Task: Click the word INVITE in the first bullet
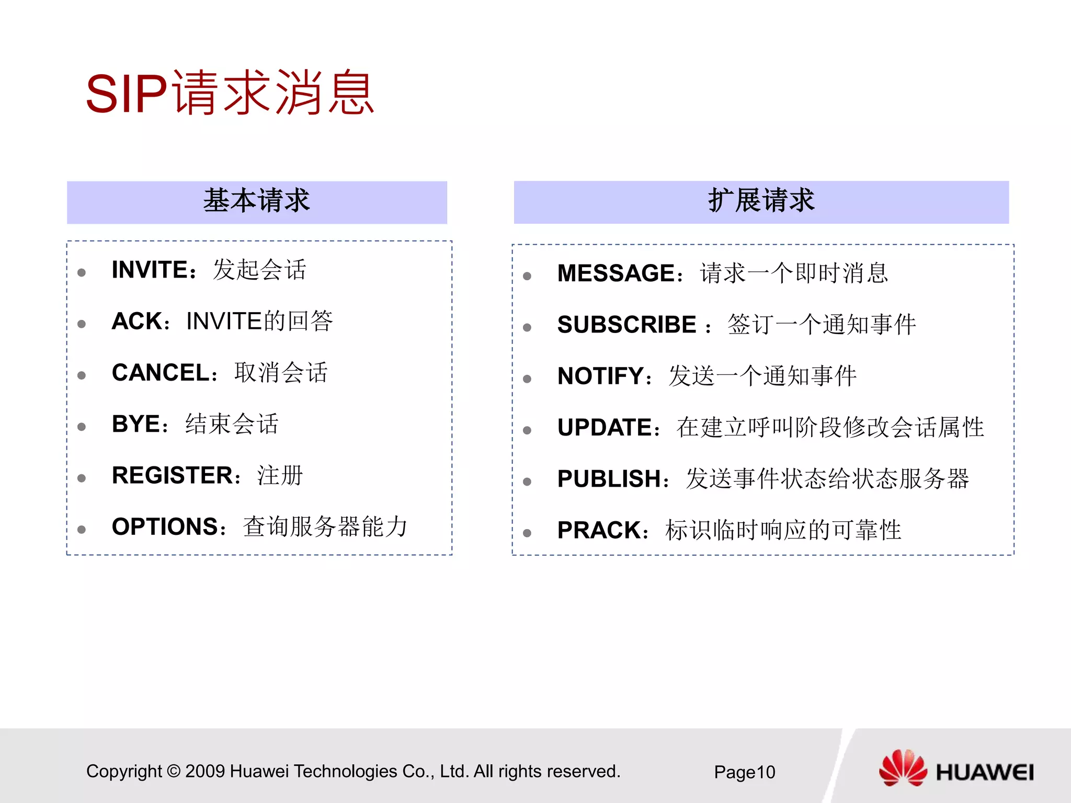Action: [150, 270]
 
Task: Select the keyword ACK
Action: [137, 321]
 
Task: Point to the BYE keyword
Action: [135, 424]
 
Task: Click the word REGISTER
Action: [172, 475]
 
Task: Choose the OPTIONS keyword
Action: [165, 526]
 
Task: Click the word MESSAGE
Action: [616, 273]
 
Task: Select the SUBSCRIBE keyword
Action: [626, 325]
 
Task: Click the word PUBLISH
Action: [609, 479]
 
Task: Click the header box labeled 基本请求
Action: [257, 202]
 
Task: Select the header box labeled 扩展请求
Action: [761, 202]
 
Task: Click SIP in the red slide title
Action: [126, 94]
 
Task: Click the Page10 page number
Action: [744, 772]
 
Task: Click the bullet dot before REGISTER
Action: [82, 478]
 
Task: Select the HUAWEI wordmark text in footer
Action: [984, 772]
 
